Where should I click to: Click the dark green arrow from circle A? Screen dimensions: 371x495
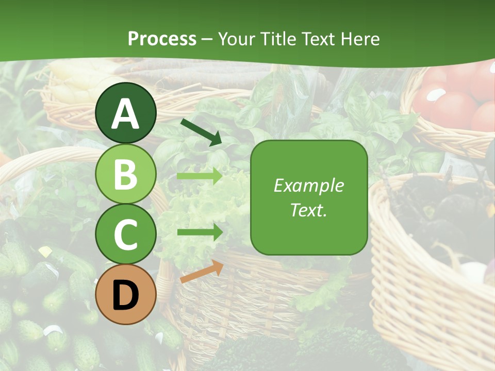click(x=201, y=132)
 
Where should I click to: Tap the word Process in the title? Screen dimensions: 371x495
click(x=162, y=39)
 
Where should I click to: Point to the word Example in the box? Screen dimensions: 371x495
click(x=308, y=186)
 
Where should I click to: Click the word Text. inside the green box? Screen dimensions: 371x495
click(x=308, y=210)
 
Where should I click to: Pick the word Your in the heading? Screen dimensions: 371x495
click(x=237, y=39)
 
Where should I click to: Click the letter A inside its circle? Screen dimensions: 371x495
click(x=126, y=114)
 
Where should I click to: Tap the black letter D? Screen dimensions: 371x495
click(x=126, y=296)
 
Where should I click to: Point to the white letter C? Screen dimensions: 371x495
click(x=126, y=235)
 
